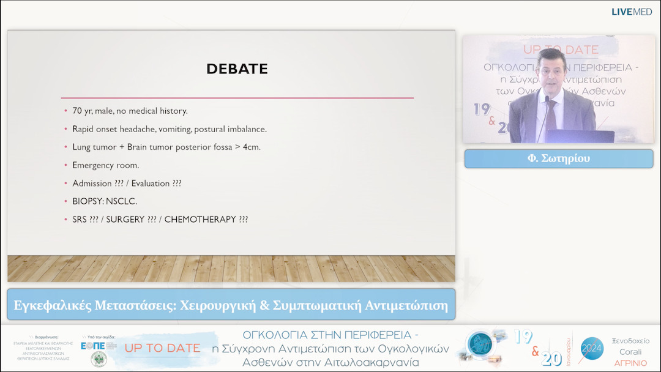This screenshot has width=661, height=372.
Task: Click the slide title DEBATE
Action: [x=237, y=69]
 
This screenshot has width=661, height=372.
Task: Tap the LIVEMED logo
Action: [x=632, y=12]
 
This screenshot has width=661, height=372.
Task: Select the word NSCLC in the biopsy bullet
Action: [x=123, y=201]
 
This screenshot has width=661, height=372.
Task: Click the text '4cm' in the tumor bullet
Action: [x=250, y=147]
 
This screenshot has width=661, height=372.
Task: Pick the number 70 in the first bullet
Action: [x=78, y=111]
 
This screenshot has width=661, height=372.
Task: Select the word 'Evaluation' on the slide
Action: [x=149, y=184]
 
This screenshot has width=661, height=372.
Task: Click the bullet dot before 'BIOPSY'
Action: [x=66, y=201]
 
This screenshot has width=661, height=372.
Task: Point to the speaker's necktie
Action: [x=551, y=114]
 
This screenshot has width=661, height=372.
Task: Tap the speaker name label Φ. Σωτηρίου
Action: [x=558, y=158]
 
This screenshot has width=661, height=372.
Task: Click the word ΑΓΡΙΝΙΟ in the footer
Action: [x=630, y=363]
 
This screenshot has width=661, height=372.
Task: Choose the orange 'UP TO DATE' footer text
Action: [x=162, y=348]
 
